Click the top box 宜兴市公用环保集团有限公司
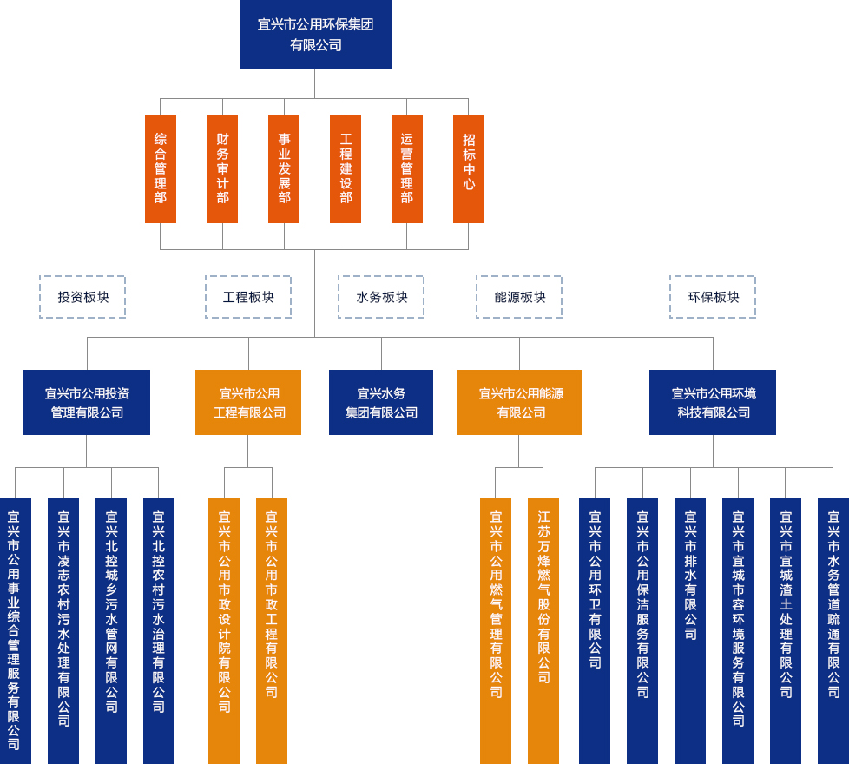coord(315,35)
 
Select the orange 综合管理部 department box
coord(161,168)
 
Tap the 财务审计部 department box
coord(222,168)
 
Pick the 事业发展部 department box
coord(284,168)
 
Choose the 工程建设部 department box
coord(346,168)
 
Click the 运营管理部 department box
coord(407,168)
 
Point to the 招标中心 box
coord(469,168)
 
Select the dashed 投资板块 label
coord(82,297)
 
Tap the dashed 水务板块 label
coord(381,297)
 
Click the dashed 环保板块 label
coord(713,297)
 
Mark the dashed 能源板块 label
coord(519,297)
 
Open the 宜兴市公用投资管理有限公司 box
coord(87,402)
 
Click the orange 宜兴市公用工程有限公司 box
coord(248,402)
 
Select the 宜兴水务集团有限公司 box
coord(381,402)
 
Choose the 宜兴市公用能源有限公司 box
coord(520,402)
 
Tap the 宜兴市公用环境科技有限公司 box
coord(713,402)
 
